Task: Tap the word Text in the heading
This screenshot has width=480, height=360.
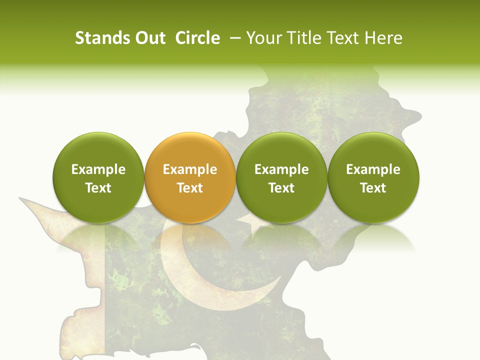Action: [344, 38]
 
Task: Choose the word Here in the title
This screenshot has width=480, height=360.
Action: [384, 38]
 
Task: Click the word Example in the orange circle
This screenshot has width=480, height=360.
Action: [190, 169]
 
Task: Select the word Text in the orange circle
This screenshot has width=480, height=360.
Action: [190, 188]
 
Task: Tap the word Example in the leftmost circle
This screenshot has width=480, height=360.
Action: [98, 169]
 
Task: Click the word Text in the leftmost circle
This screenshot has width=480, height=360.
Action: [98, 188]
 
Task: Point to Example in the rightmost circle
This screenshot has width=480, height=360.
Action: [373, 169]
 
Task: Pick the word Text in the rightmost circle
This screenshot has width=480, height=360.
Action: [373, 188]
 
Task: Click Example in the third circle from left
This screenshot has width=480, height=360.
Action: [281, 169]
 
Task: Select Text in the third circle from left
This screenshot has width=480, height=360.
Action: [281, 188]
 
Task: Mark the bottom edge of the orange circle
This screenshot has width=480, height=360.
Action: [190, 221]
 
